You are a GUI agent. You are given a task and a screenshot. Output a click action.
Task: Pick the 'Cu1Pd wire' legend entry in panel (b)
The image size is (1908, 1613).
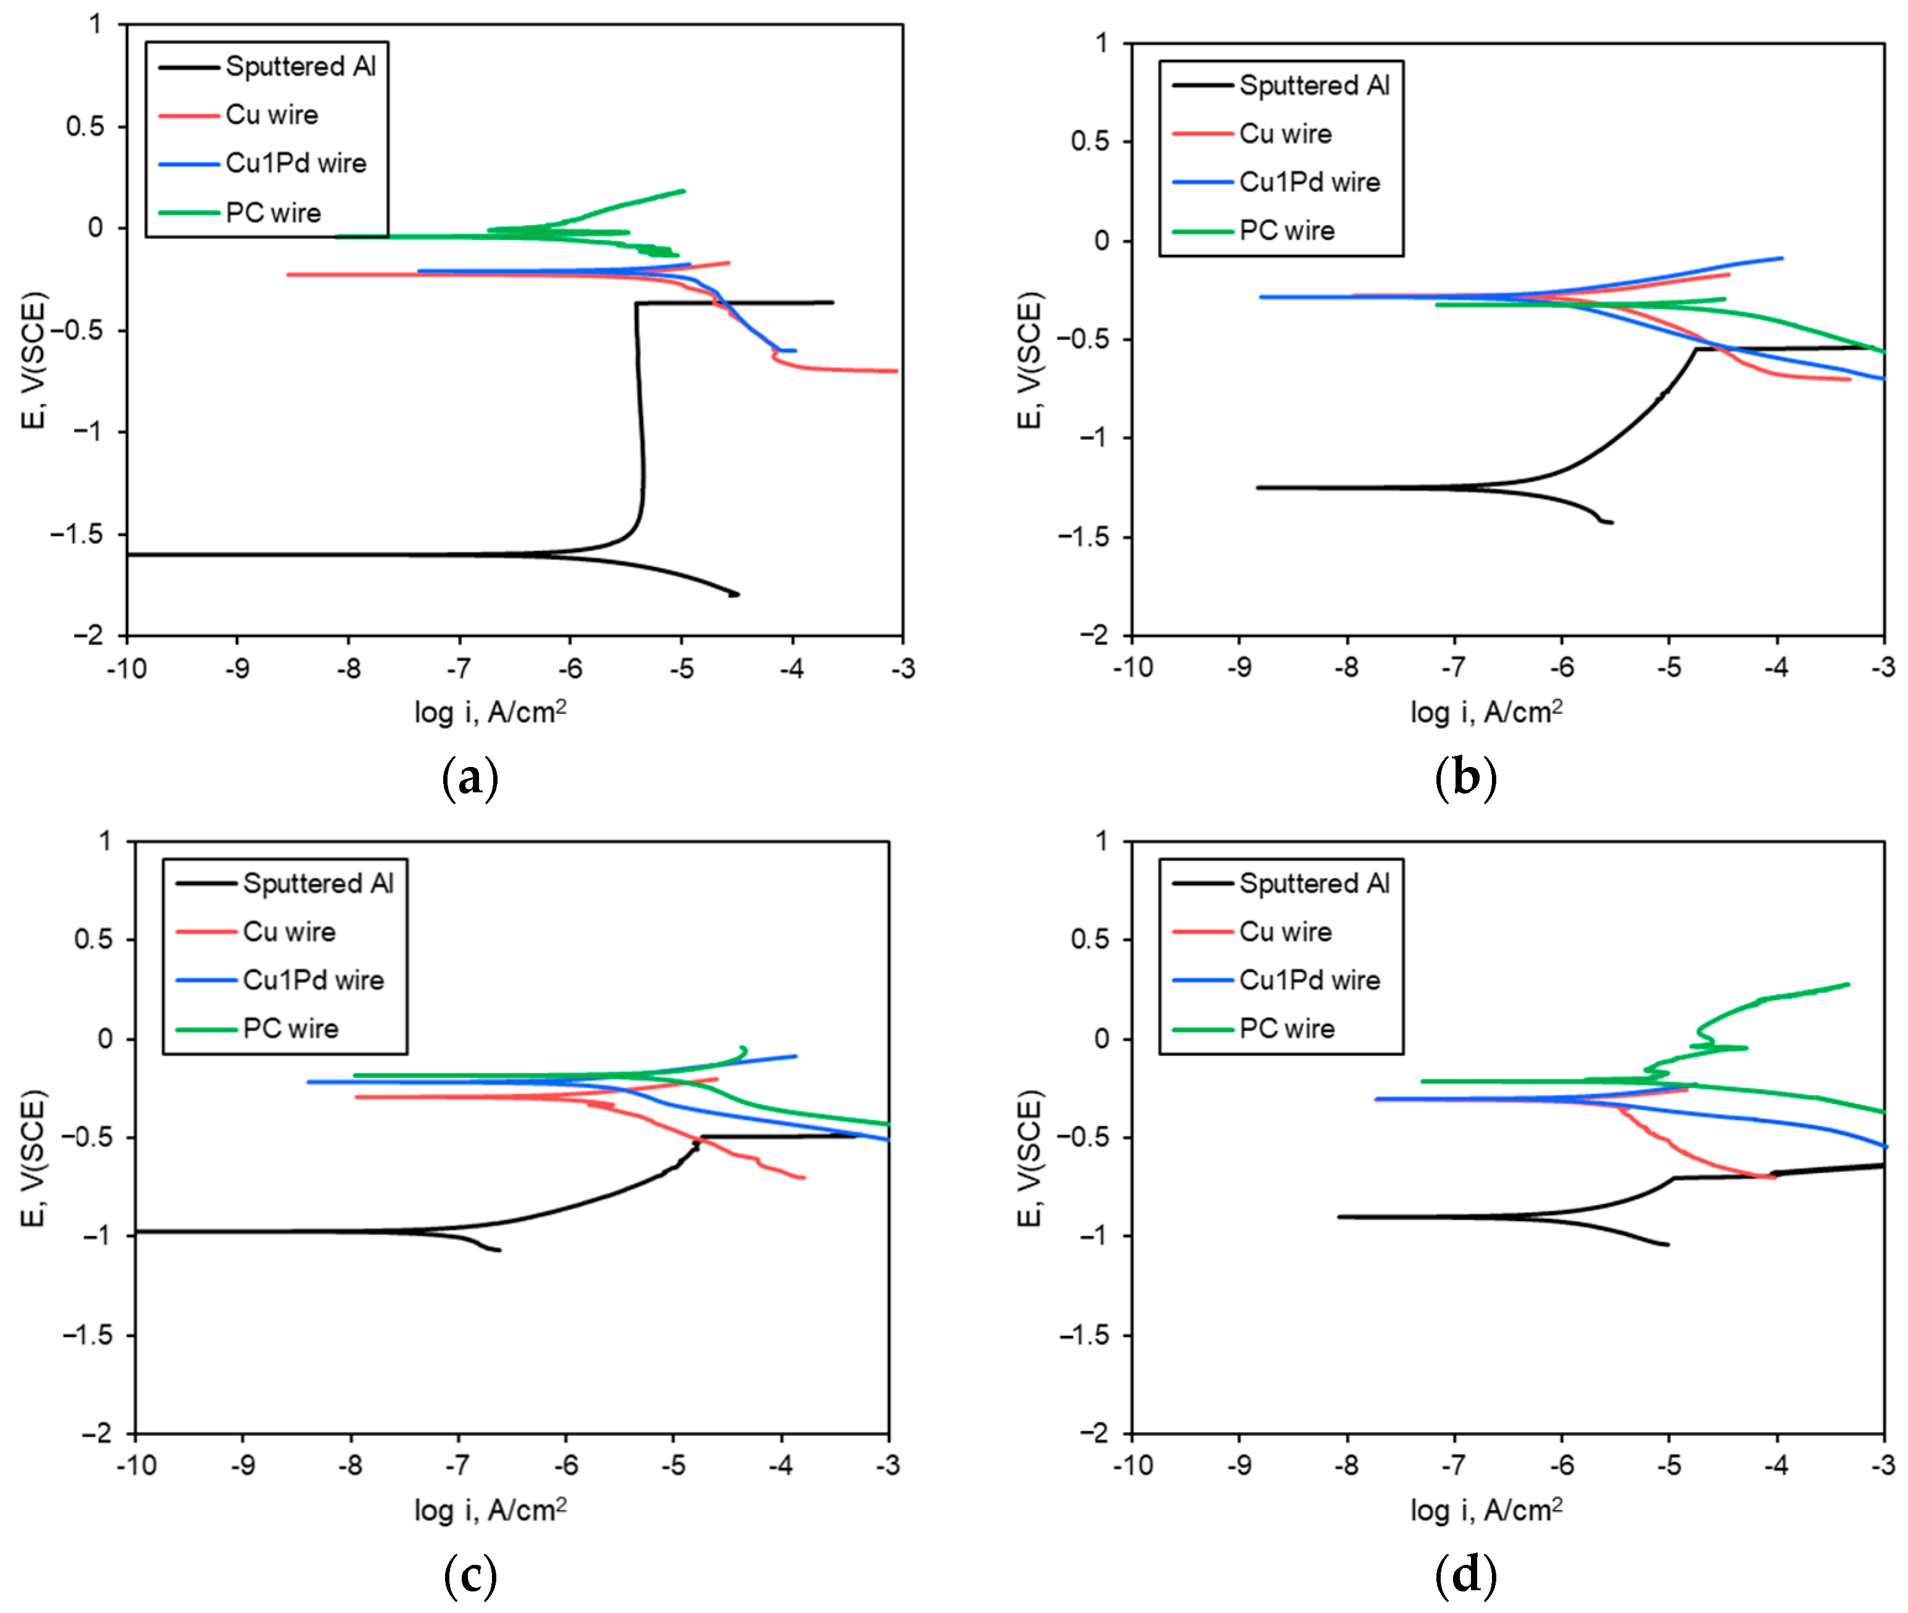(x=1308, y=182)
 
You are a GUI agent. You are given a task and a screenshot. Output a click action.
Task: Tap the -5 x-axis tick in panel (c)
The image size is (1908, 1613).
(x=673, y=1466)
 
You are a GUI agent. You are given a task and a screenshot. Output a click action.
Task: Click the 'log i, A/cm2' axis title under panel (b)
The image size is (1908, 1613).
(x=1485, y=712)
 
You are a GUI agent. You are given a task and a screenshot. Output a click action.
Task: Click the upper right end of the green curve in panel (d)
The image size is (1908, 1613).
(x=1848, y=985)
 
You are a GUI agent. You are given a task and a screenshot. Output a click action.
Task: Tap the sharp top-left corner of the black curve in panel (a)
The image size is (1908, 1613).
(x=636, y=304)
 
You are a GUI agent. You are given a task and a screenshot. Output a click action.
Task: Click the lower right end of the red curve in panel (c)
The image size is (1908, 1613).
(x=803, y=1178)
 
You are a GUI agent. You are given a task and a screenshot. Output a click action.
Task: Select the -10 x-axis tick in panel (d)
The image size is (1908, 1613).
(x=1131, y=1466)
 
